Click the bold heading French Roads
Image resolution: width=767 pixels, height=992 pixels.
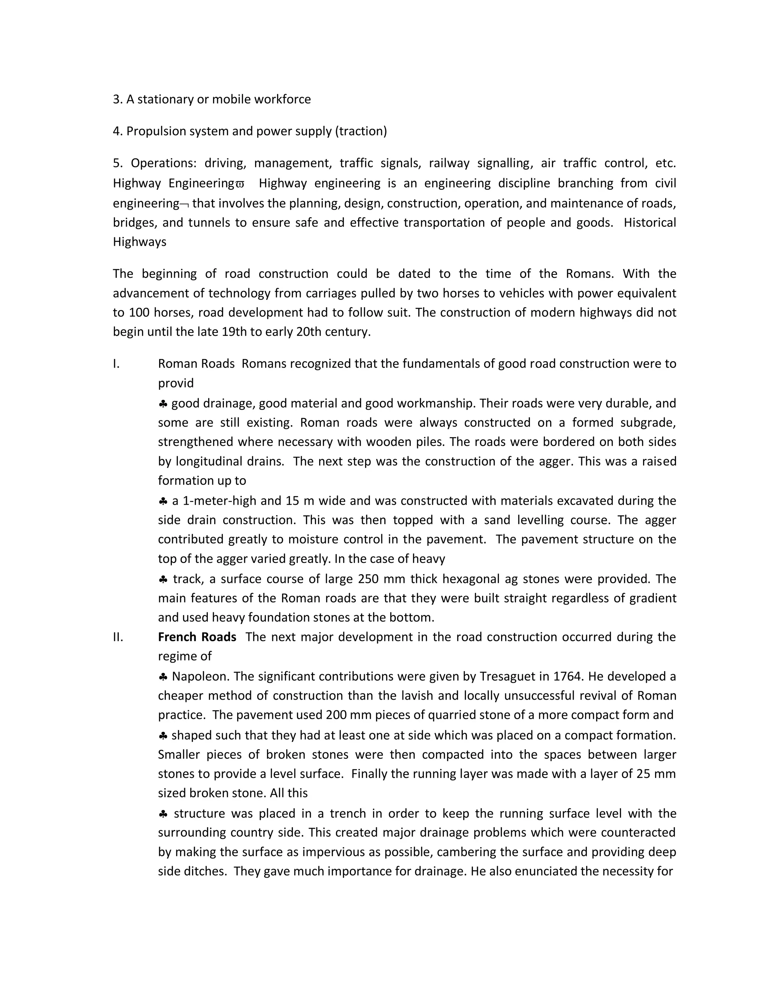(x=197, y=637)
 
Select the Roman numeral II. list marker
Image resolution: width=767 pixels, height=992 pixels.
(x=118, y=637)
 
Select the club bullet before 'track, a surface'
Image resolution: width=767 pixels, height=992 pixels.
(x=163, y=579)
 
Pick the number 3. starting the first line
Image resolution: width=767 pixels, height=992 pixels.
(x=117, y=100)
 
